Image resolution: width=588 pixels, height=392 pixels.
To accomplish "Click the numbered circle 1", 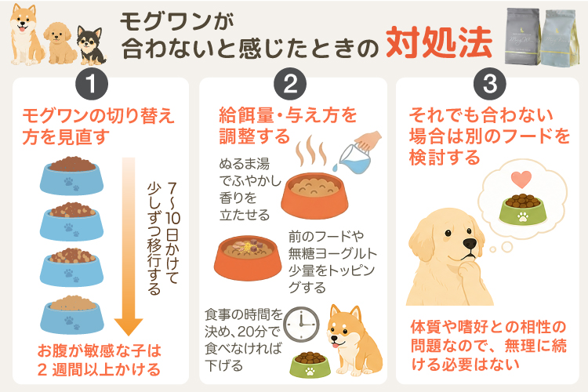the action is click(x=92, y=84).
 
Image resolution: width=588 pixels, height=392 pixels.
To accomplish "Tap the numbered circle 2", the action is click(x=290, y=84).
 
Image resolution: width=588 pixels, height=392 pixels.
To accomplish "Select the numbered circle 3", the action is click(x=490, y=84).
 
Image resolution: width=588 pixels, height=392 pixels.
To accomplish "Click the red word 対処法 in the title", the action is click(x=439, y=43).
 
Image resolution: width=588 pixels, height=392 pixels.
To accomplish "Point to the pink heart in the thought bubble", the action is click(x=521, y=179).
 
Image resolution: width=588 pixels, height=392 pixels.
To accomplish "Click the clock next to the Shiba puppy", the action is click(x=301, y=325).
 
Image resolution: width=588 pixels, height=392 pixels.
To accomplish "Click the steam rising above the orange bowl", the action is click(x=311, y=151).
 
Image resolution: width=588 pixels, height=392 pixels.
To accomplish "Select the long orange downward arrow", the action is click(x=129, y=246).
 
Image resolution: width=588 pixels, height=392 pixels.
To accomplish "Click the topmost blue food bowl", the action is click(x=71, y=176).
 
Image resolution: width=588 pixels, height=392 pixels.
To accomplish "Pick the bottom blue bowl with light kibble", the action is click(x=71, y=314).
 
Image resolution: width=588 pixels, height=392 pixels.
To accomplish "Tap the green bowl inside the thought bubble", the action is click(x=522, y=209).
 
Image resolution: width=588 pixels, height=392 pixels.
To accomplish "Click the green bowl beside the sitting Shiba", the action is click(x=310, y=365).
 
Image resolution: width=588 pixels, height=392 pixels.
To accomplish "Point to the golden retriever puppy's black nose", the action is click(x=470, y=244).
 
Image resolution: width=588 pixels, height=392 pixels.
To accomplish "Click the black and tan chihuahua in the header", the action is click(x=90, y=45).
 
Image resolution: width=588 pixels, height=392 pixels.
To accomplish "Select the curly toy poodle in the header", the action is click(x=58, y=43).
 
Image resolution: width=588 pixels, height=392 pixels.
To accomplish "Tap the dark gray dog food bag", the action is click(x=523, y=36).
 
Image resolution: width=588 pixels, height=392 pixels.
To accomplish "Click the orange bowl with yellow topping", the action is click(x=248, y=259).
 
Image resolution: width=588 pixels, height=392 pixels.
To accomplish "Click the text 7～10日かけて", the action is click(x=172, y=233).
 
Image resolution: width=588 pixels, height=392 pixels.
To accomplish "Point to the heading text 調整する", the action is click(x=255, y=136).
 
